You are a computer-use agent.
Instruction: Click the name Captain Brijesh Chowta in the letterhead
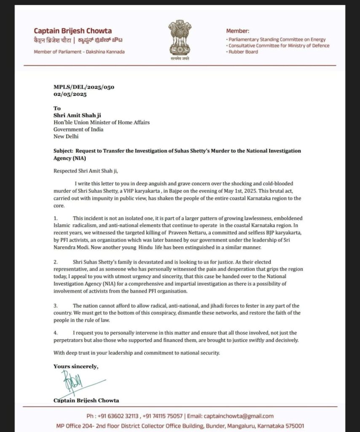tap(73, 31)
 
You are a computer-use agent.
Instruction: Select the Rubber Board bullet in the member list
tap(243, 52)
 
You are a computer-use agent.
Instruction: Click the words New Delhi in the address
tap(66, 136)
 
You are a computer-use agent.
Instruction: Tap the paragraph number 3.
tap(55, 305)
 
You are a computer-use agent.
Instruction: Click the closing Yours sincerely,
tap(76, 366)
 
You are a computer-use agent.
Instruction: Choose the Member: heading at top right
tap(238, 31)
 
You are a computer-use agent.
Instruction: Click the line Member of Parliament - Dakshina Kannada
tap(79, 51)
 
